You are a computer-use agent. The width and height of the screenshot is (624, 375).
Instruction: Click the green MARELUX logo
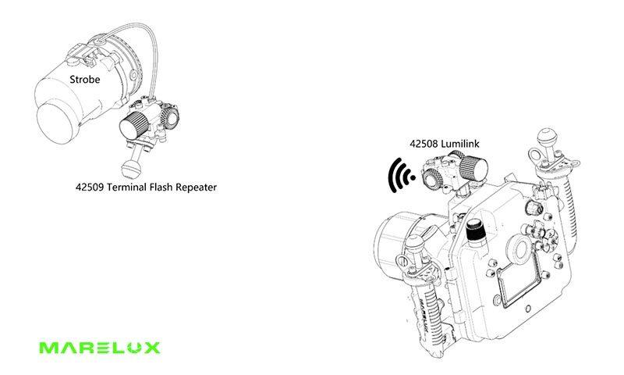[98, 346]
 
